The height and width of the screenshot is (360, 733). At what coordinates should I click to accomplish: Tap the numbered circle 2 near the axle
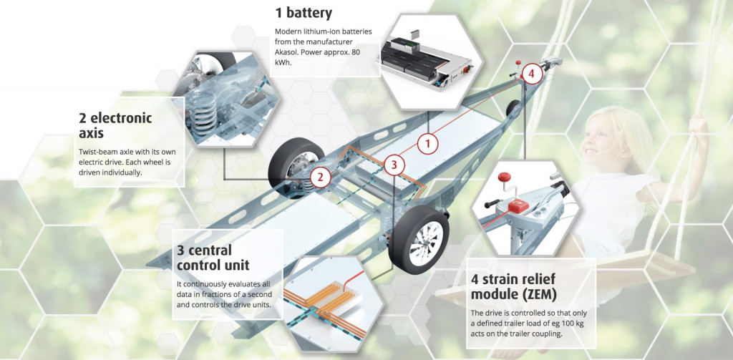(x=320, y=177)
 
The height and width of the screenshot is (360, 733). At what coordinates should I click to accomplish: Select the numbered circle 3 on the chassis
(x=394, y=165)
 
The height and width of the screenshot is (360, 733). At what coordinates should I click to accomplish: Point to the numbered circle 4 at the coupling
(x=532, y=74)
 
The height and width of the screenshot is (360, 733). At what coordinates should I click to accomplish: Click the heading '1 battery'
(x=304, y=13)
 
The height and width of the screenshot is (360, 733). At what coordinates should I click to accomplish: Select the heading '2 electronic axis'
(x=115, y=125)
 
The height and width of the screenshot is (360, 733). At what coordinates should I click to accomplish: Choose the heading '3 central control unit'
(x=213, y=258)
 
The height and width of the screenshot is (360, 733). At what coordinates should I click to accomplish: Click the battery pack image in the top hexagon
(x=425, y=60)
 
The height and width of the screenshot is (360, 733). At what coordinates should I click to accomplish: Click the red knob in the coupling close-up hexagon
(x=504, y=177)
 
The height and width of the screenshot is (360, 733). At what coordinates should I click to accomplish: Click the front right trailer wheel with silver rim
(x=419, y=239)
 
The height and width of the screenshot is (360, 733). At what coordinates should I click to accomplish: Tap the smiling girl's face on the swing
(x=596, y=140)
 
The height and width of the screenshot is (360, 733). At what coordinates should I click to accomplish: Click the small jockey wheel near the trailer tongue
(x=513, y=109)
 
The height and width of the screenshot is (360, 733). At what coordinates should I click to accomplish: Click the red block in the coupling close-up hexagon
(x=518, y=206)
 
